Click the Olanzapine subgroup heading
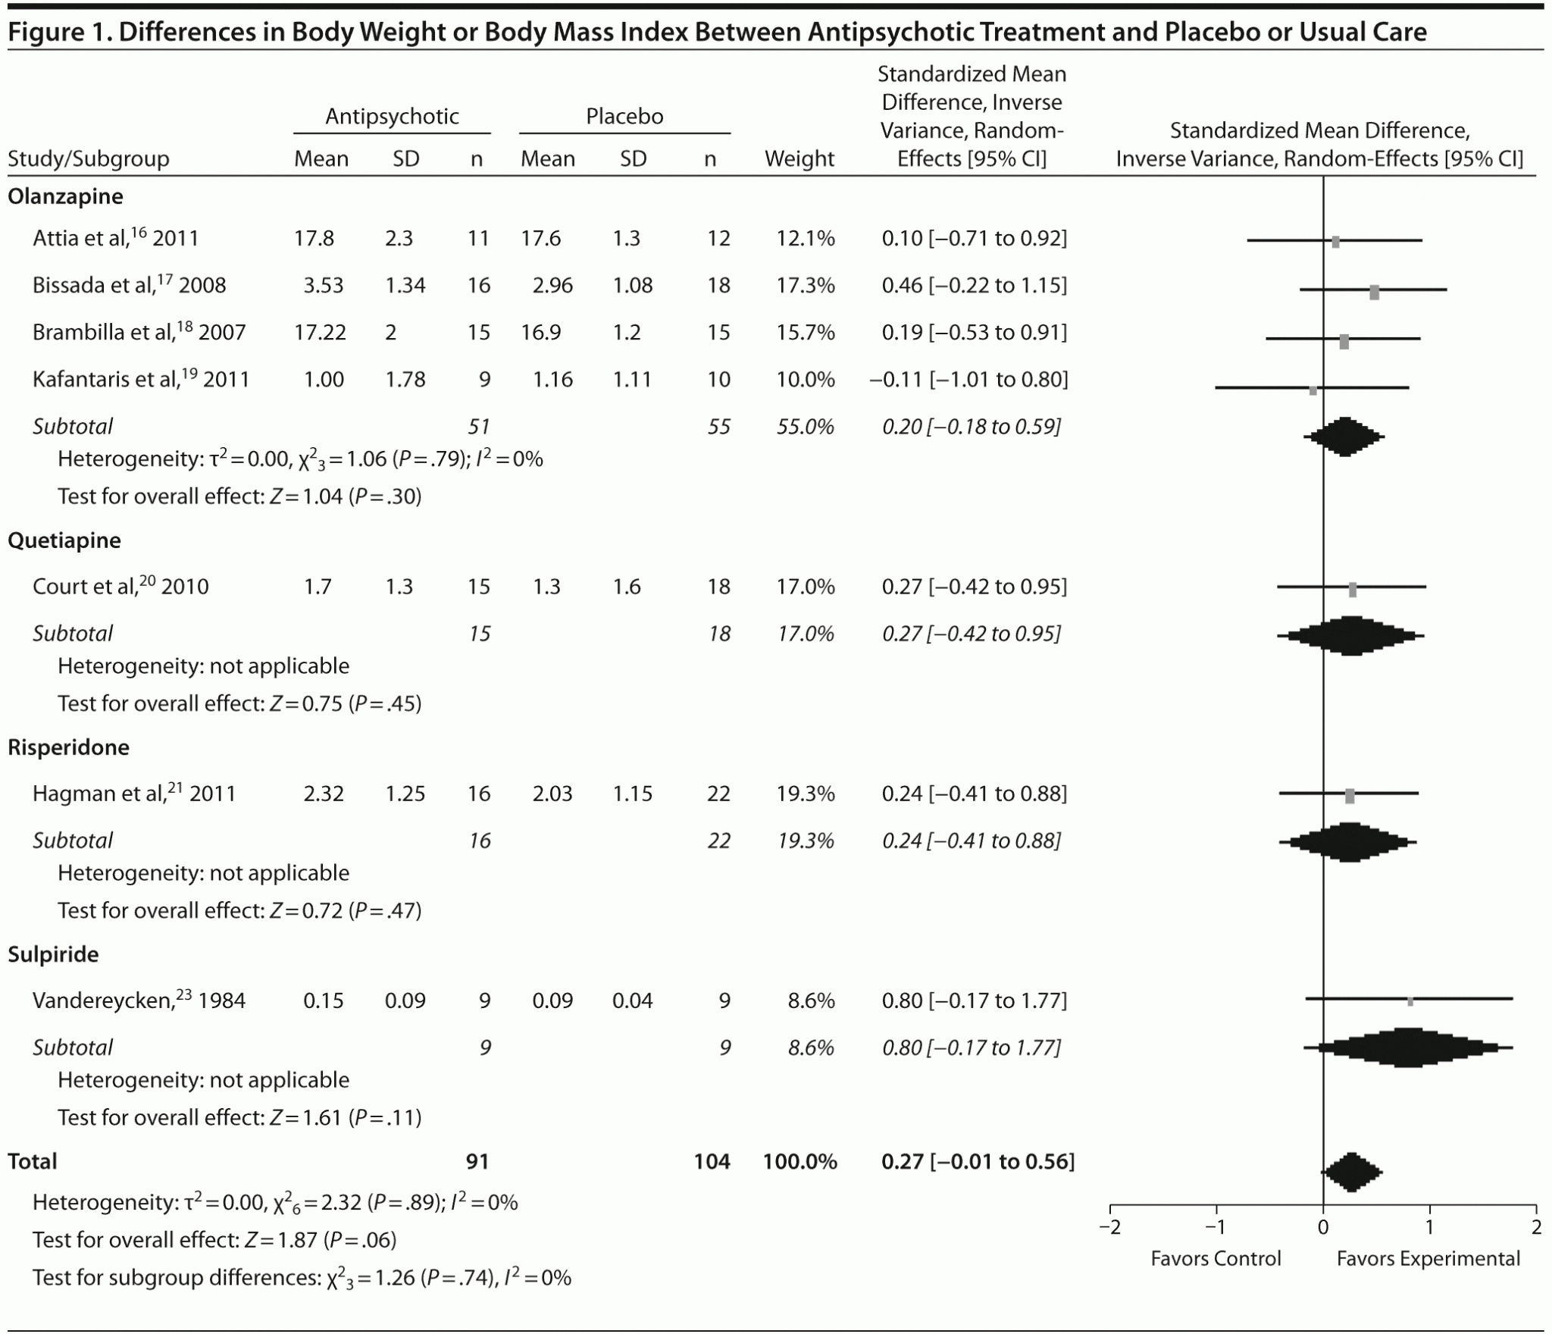65,196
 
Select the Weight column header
799,158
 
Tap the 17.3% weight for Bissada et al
805,285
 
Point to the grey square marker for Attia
1335,242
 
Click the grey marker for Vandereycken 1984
1410,1001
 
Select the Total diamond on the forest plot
1352,1173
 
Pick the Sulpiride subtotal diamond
1407,1048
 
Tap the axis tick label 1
1430,1227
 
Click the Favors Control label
1216,1259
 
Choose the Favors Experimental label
1428,1259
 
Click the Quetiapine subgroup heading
64,540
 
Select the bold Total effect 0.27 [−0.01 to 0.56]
978,1161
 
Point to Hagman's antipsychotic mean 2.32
324,794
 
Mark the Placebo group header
624,116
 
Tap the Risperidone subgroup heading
68,747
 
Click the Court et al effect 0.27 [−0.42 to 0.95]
974,587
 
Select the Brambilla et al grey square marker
1344,342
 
